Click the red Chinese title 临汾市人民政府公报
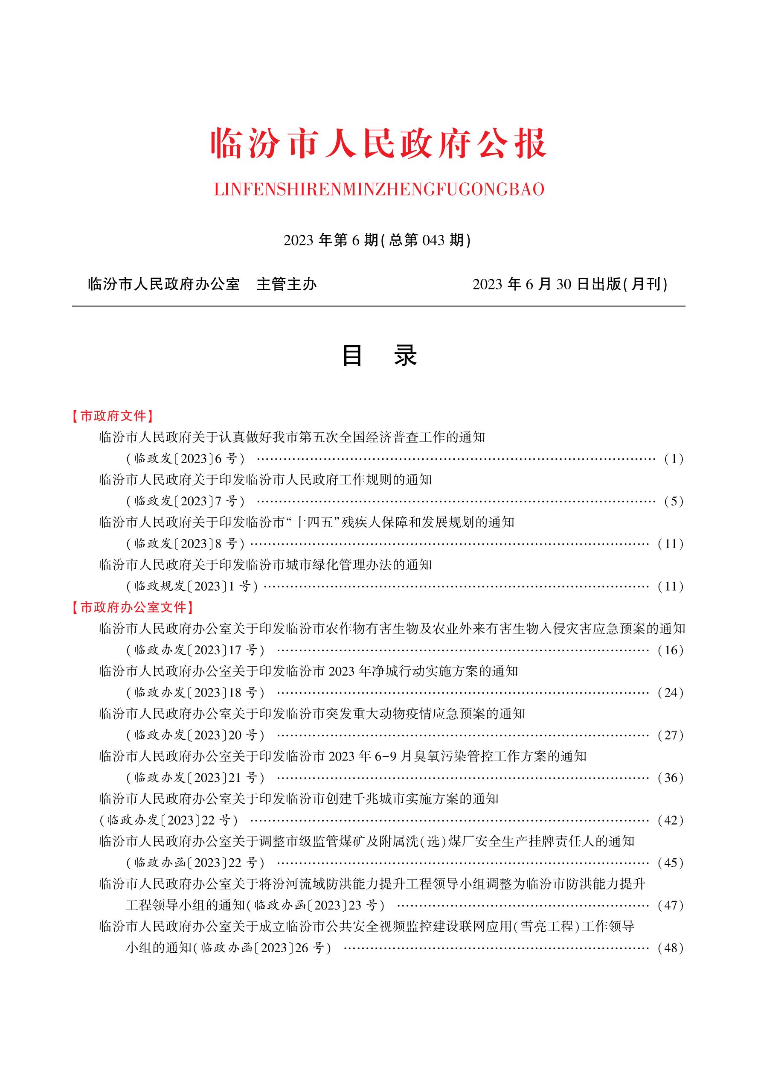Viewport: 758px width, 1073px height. point(379,143)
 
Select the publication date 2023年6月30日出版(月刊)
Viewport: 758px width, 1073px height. point(570,284)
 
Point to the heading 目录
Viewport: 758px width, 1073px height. point(379,356)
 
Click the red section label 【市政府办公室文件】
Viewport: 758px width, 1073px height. point(132,607)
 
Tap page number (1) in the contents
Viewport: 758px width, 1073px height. point(674,459)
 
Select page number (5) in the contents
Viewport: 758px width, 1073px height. point(674,502)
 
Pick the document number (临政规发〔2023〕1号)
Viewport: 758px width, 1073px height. point(192,586)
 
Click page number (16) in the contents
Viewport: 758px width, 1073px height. point(670,650)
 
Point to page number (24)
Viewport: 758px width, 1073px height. point(670,693)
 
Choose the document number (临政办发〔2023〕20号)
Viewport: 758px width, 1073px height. point(195,735)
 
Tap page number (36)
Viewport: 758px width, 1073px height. point(670,778)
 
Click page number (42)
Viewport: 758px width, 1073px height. point(670,820)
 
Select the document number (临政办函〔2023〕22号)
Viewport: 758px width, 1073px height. point(195,863)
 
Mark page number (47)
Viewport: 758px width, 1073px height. point(670,905)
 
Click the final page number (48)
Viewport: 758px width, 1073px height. point(670,948)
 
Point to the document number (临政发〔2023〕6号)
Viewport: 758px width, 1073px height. point(186,459)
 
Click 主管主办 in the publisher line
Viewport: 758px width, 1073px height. point(286,284)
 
